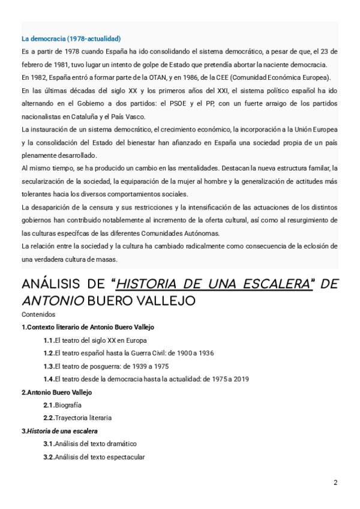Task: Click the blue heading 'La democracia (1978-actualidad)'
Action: pos(71,39)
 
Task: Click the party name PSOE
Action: pos(193,103)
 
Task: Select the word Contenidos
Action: pos(38,315)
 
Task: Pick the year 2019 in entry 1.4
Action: pos(240,379)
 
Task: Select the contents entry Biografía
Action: pos(68,405)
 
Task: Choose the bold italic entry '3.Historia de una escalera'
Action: pos(59,431)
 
